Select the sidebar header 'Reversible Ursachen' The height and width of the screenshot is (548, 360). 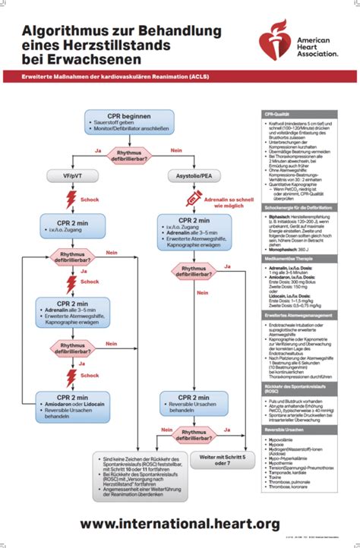(304, 430)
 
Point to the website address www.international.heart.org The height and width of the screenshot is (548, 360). (179, 524)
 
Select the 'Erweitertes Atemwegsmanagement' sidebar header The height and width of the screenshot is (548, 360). (304, 315)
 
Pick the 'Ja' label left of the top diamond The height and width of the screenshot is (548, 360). (97, 150)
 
